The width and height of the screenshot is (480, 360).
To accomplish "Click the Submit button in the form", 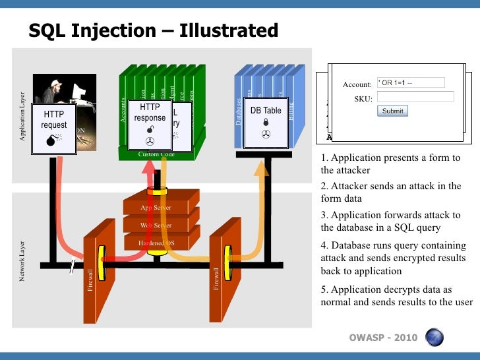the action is (x=392, y=111).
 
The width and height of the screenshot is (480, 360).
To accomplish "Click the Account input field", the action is (x=410, y=82).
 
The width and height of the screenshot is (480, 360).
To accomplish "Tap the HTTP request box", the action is (x=53, y=125).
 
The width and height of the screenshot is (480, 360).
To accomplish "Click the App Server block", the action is (x=156, y=208).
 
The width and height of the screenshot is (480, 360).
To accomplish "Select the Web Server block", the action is (x=156, y=225).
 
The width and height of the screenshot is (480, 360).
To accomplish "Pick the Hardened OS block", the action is (x=156, y=243).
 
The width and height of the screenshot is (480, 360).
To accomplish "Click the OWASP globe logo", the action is (x=434, y=337).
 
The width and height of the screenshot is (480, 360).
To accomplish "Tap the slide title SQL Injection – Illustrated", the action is (x=153, y=30).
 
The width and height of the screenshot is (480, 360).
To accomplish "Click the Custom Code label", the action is (x=156, y=154).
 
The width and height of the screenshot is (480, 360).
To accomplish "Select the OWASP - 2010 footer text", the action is (x=383, y=338).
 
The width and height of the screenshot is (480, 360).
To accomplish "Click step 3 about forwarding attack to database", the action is (x=390, y=222).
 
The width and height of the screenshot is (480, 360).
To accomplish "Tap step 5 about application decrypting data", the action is (x=396, y=296).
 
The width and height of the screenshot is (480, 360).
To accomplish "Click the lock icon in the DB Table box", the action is (x=266, y=122).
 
